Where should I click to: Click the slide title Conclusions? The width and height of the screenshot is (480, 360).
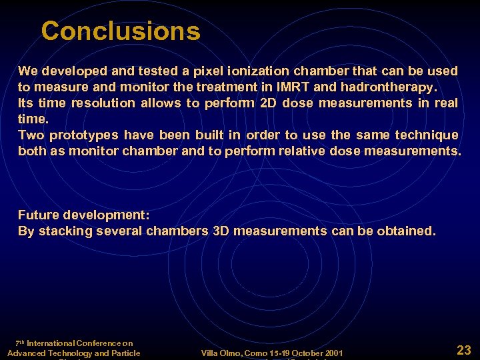tap(120, 31)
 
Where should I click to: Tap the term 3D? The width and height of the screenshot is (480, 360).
tap(221, 231)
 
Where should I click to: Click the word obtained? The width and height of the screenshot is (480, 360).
tap(406, 231)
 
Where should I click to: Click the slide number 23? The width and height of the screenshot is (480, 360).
tap(463, 349)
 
